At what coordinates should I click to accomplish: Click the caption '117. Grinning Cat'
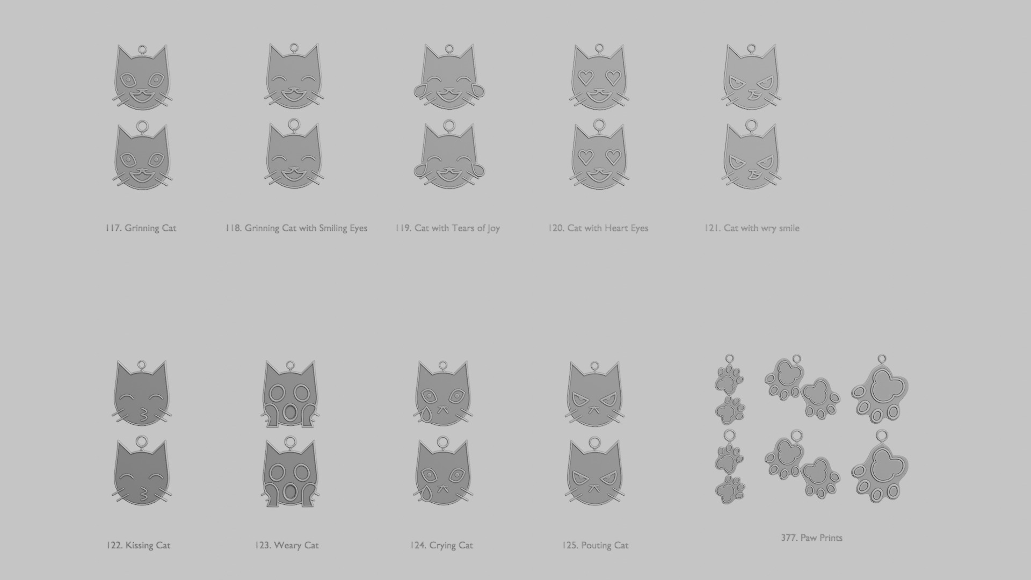pos(141,228)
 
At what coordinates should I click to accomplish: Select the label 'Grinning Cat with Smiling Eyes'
pos(306,228)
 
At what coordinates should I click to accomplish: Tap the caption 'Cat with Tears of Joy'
pos(457,228)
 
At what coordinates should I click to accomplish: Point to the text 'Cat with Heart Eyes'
pos(607,228)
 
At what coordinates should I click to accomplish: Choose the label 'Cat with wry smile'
pos(761,228)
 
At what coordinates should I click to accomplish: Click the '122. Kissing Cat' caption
pos(138,546)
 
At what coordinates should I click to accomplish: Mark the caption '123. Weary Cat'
pos(287,546)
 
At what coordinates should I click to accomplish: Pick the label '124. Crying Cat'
pos(441,546)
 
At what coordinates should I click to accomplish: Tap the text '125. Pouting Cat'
pos(595,546)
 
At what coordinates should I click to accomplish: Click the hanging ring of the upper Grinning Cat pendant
pos(142,49)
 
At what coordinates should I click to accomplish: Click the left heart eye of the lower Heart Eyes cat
pos(585,157)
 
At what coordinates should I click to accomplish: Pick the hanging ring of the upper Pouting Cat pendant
pos(594,367)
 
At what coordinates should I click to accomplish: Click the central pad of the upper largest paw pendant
pos(883,386)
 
